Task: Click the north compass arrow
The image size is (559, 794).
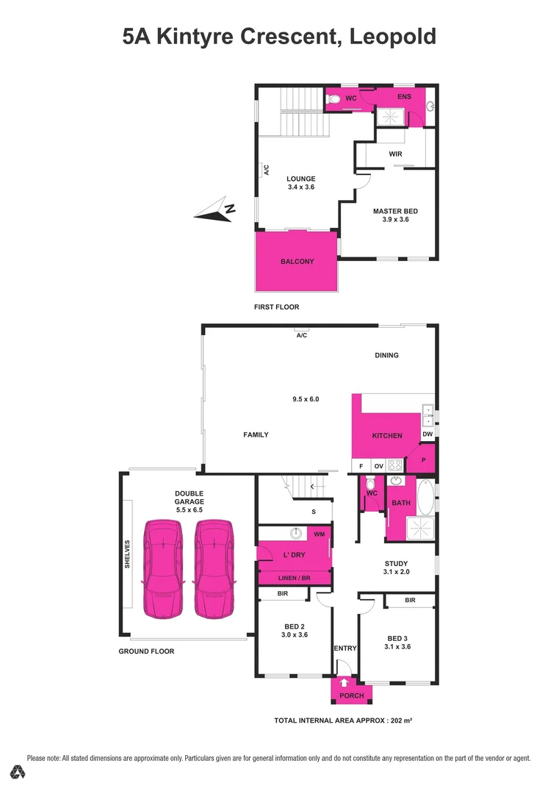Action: coord(214,213)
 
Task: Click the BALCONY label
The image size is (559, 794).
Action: coord(297,261)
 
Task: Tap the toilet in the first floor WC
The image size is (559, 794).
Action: coord(333,98)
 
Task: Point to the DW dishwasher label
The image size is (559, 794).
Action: coord(428,434)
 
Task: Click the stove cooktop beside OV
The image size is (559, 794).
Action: coord(394,465)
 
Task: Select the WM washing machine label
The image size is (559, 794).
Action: coord(319,534)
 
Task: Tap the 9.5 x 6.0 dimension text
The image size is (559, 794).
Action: coord(306,399)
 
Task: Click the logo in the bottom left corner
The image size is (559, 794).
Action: coord(18,772)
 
